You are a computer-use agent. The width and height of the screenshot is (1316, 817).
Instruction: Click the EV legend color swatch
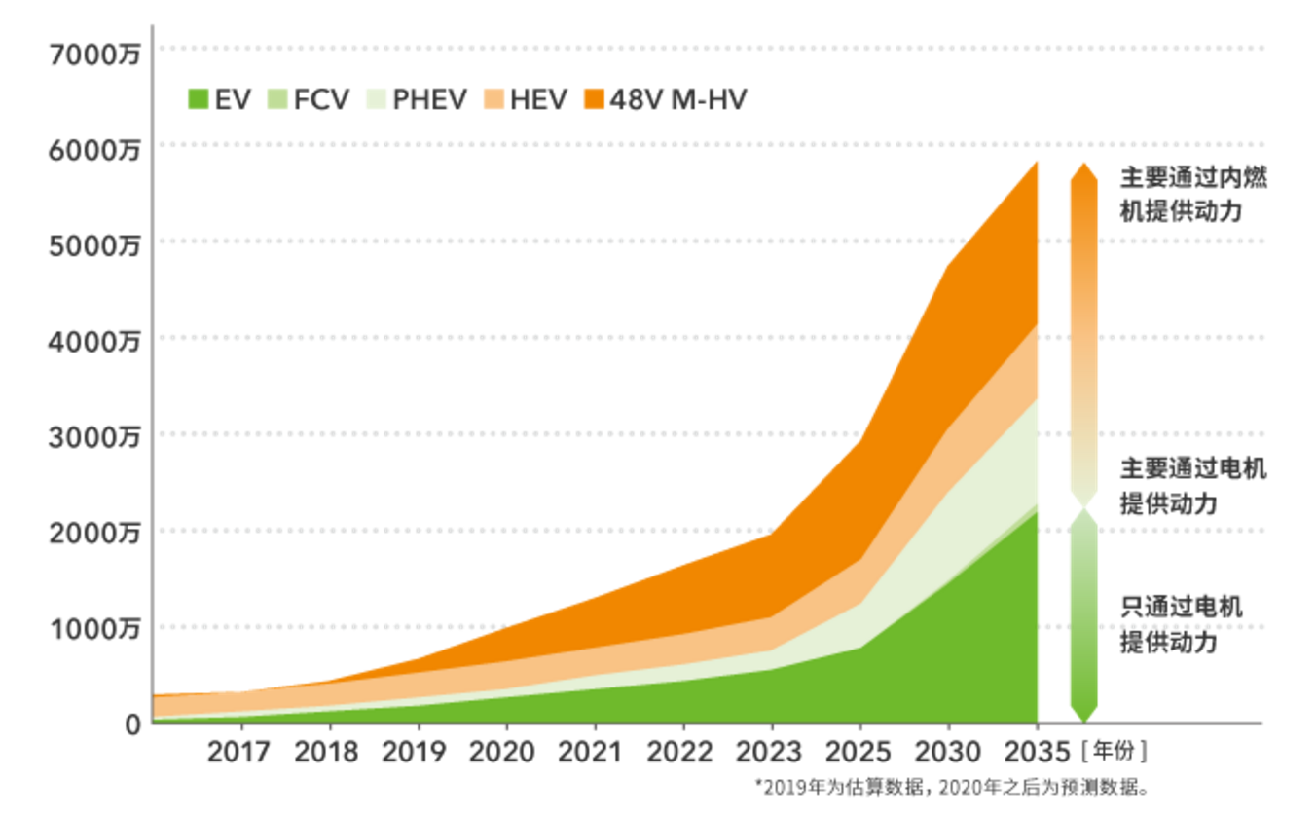point(199,99)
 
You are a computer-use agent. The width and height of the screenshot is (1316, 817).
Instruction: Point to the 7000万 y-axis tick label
point(95,53)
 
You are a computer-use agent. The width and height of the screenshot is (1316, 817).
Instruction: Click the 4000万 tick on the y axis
point(95,341)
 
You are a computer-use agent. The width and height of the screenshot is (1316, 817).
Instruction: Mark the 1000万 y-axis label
point(95,628)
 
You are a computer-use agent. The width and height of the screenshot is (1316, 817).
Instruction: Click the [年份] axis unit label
point(1114,752)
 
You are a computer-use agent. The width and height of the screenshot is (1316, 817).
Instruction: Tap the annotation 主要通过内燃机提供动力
point(1193,195)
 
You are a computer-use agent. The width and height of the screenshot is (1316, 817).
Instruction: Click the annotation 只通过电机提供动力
point(1181,625)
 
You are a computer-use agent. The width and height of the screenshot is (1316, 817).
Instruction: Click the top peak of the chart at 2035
point(1037,163)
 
